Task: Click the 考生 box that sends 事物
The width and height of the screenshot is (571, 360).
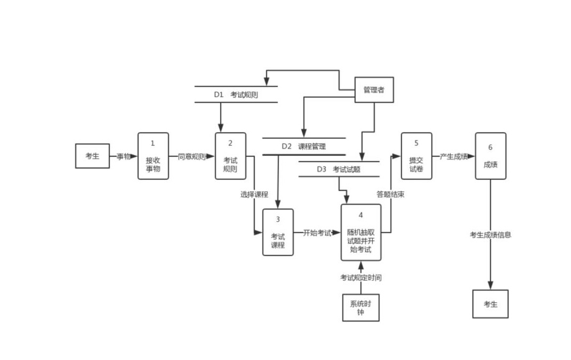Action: pyautogui.click(x=92, y=156)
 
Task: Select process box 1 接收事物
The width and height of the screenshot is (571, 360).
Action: pyautogui.click(x=153, y=156)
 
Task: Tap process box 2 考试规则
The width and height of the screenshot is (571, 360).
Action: pyautogui.click(x=230, y=156)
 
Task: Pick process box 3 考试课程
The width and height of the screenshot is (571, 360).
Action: pyautogui.click(x=278, y=232)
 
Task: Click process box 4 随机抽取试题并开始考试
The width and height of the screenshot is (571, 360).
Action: pyautogui.click(x=361, y=232)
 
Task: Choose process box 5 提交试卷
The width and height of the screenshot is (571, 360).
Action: pyautogui.click(x=416, y=156)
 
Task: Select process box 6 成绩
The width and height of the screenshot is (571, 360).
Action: pyautogui.click(x=490, y=156)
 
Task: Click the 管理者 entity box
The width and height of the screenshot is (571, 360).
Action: pyautogui.click(x=374, y=90)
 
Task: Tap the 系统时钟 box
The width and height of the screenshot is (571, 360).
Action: pyautogui.click(x=361, y=308)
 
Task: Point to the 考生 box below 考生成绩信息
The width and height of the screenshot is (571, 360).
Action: pyautogui.click(x=490, y=304)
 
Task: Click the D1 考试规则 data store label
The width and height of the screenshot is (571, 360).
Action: pyautogui.click(x=236, y=94)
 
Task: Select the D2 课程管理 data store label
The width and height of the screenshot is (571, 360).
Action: pyautogui.click(x=304, y=146)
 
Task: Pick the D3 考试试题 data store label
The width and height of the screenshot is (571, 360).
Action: pyautogui.click(x=339, y=170)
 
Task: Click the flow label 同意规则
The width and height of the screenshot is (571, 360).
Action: pyautogui.click(x=192, y=157)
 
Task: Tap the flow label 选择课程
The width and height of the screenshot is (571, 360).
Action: pyautogui.click(x=254, y=194)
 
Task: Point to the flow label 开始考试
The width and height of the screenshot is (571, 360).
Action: pyautogui.click(x=318, y=233)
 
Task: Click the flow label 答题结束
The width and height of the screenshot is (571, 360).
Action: pyautogui.click(x=390, y=194)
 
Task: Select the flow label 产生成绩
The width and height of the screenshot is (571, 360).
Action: pyautogui.click(x=454, y=157)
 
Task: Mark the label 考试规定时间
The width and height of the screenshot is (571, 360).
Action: pyautogui.click(x=361, y=277)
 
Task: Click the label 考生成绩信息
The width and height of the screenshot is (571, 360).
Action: pyautogui.click(x=490, y=234)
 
